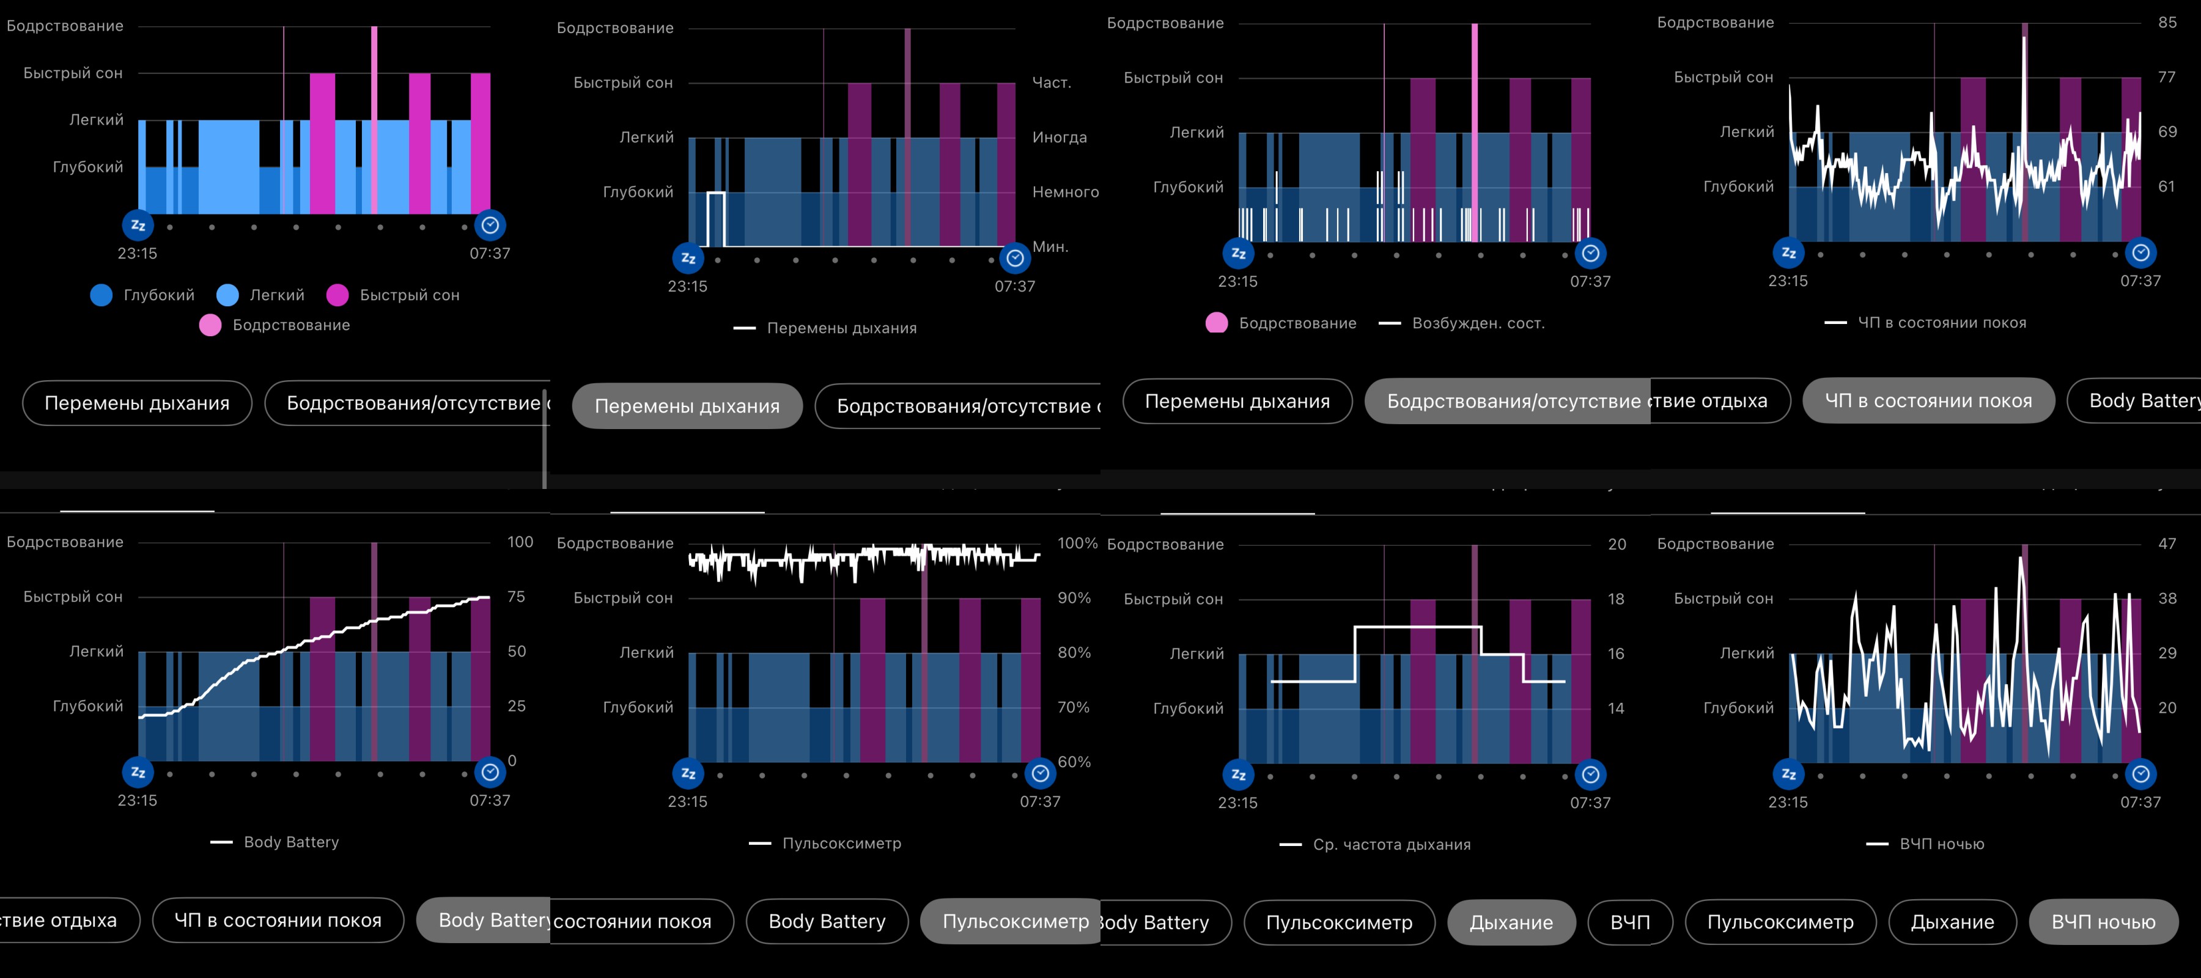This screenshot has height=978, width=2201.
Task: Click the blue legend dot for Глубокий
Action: pyautogui.click(x=101, y=295)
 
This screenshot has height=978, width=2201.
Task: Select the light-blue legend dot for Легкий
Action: pyautogui.click(x=227, y=295)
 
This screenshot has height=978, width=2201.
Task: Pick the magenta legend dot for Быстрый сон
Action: pyautogui.click(x=337, y=295)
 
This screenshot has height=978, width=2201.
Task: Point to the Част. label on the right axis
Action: pyautogui.click(x=1051, y=83)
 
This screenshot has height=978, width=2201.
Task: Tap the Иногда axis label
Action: pyautogui.click(x=1060, y=138)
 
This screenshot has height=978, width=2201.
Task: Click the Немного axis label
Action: pyautogui.click(x=1064, y=192)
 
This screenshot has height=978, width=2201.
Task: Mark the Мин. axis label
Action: pyautogui.click(x=1050, y=247)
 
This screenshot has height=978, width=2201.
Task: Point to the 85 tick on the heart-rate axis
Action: pyautogui.click(x=2167, y=22)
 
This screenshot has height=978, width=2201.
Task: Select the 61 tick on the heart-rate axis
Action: pyautogui.click(x=2167, y=186)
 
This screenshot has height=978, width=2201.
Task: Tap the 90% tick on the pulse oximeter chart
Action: pyautogui.click(x=1074, y=598)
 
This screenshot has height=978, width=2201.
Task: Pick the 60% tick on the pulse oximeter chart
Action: pyautogui.click(x=1074, y=762)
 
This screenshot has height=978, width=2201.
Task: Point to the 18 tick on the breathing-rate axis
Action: pyautogui.click(x=1616, y=599)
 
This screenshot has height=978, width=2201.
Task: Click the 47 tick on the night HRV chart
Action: pyautogui.click(x=2167, y=543)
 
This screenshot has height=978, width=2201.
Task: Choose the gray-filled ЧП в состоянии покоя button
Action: pyautogui.click(x=1928, y=400)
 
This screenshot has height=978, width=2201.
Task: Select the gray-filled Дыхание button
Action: pyautogui.click(x=1511, y=922)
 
